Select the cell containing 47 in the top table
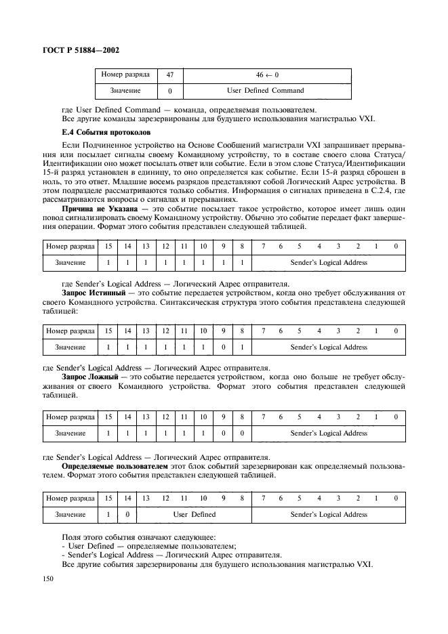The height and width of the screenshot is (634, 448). click(169, 74)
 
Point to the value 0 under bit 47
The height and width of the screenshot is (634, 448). click(169, 90)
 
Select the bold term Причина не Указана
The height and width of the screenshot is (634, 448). click(91, 210)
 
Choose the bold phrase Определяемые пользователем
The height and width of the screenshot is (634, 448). click(113, 467)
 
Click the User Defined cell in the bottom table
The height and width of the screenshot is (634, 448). click(194, 514)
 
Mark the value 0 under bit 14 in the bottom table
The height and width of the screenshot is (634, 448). click(127, 514)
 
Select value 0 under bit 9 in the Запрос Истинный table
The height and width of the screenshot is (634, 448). click(222, 347)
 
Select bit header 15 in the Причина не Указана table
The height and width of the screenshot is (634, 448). click(108, 246)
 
